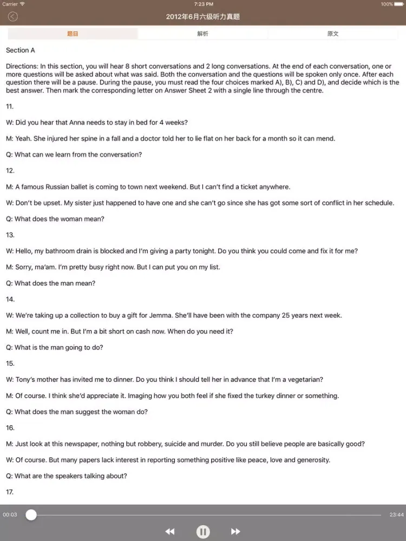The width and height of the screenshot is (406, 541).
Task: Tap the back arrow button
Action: pyautogui.click(x=12, y=17)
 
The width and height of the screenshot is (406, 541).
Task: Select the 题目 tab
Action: pyautogui.click(x=73, y=34)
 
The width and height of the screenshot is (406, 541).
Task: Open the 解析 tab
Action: pyautogui.click(x=202, y=34)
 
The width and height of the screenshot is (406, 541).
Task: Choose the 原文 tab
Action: pyautogui.click(x=333, y=34)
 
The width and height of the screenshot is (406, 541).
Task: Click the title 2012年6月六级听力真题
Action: pyautogui.click(x=203, y=17)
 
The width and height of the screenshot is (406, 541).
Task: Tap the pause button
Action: pyautogui.click(x=203, y=532)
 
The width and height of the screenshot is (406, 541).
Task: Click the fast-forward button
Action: pyautogui.click(x=235, y=532)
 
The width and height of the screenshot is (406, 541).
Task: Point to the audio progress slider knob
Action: pyautogui.click(x=31, y=515)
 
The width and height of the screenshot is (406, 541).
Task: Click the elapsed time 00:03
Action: pyautogui.click(x=10, y=515)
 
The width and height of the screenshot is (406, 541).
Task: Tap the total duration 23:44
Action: pyautogui.click(x=396, y=515)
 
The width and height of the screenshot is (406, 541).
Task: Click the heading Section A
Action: pyautogui.click(x=21, y=50)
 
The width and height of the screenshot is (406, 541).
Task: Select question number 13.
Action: pyautogui.click(x=10, y=235)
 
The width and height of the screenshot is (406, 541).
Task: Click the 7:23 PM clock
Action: pyautogui.click(x=203, y=4)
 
